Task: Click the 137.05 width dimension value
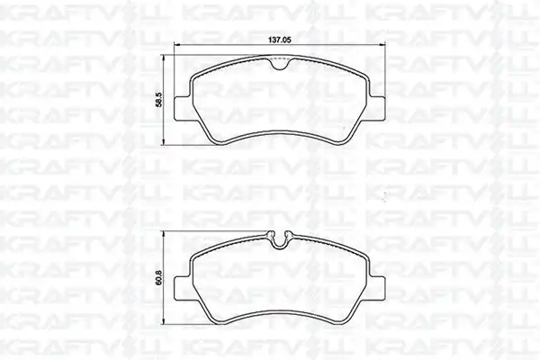[280, 40]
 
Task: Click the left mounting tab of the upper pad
[183, 109]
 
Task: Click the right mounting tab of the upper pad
[377, 109]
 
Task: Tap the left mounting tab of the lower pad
[183, 288]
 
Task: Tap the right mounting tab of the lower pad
[377, 288]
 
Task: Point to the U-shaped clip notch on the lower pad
[280, 239]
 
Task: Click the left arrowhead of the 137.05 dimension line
[177, 44]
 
